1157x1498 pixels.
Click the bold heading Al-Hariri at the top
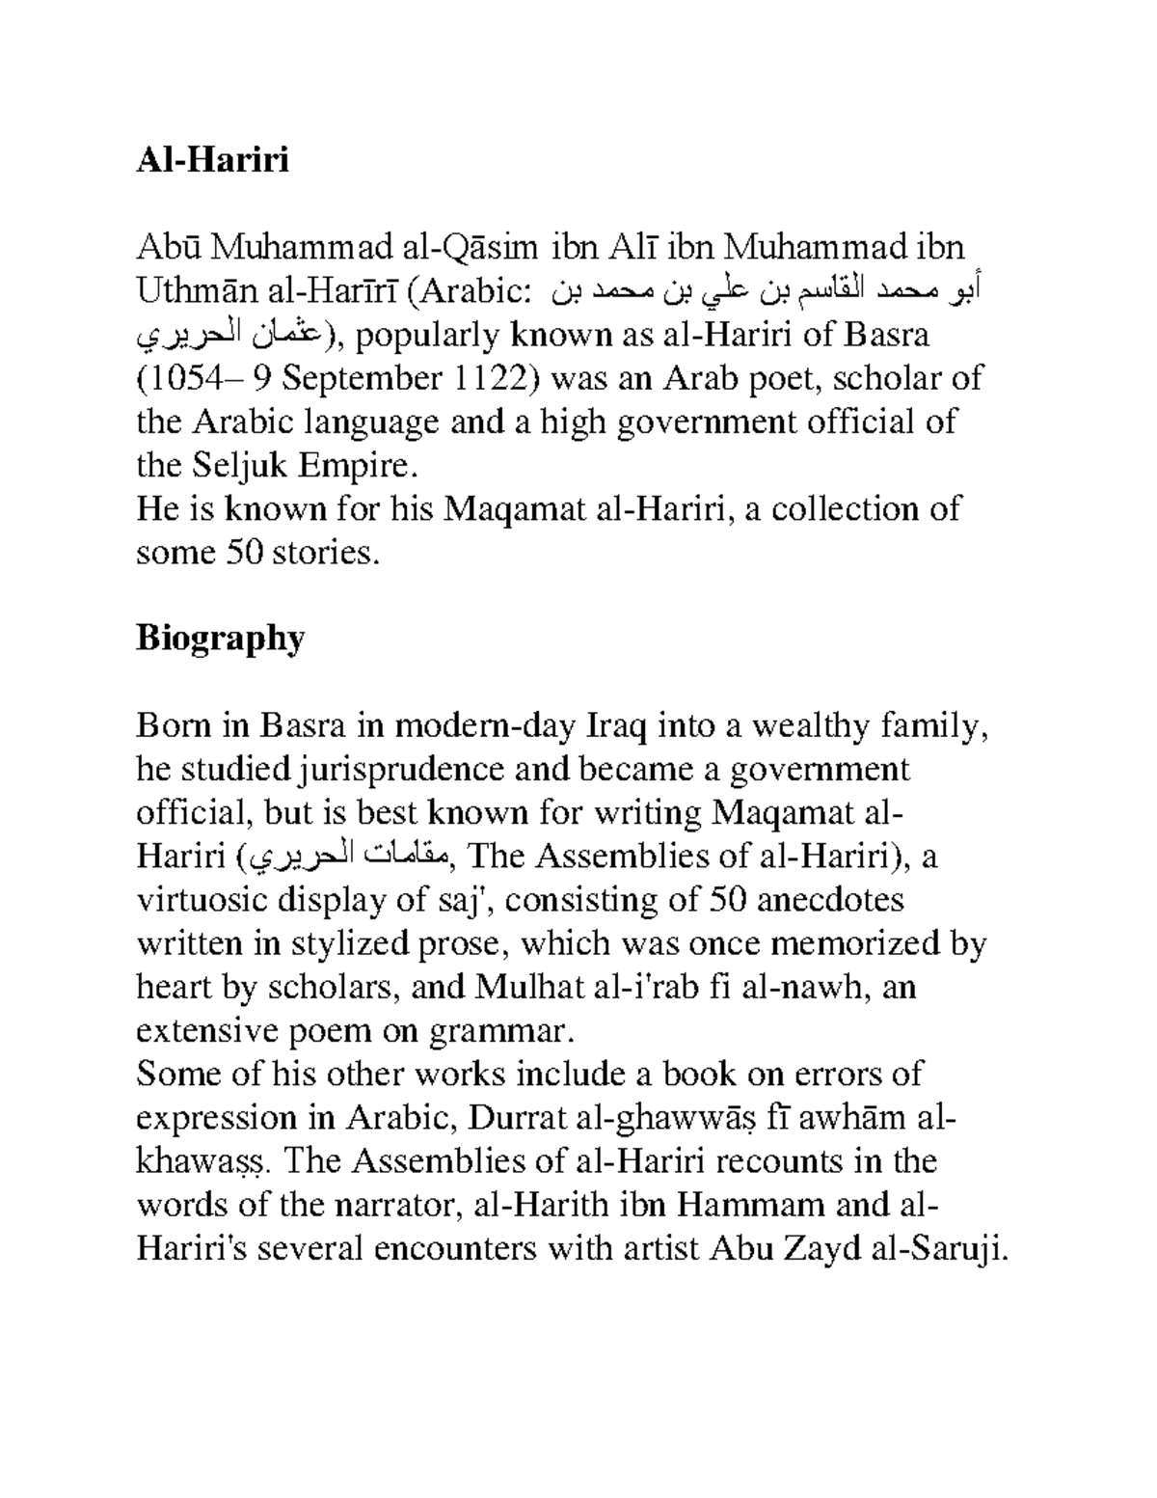coord(212,160)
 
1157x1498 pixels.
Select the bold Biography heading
coord(220,638)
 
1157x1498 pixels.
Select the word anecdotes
coord(830,900)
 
